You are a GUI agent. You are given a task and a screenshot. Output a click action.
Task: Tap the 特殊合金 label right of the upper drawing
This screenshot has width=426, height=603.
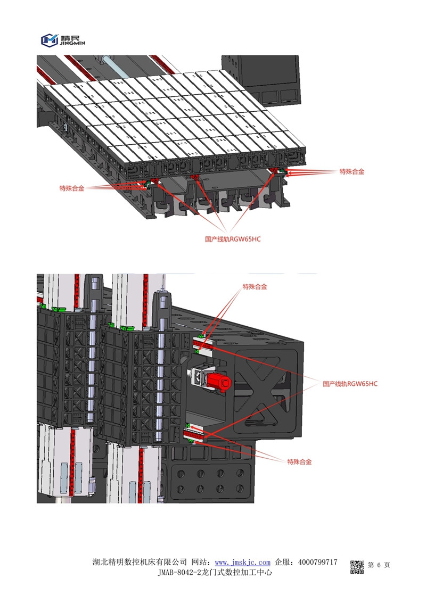point(352,172)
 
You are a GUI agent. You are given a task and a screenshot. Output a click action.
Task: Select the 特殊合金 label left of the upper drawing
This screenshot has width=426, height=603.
point(72,188)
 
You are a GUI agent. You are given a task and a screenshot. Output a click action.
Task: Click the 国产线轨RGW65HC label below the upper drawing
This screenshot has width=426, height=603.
point(233,239)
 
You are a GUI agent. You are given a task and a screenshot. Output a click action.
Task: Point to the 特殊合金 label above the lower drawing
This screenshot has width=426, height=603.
point(255,286)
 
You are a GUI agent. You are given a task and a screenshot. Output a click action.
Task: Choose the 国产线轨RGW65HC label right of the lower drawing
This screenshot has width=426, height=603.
point(350,383)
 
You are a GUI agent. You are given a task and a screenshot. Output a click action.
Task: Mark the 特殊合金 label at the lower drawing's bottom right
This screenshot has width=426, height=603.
point(299,461)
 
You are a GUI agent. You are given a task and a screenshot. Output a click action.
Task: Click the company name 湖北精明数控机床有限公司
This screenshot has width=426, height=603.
point(140,562)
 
